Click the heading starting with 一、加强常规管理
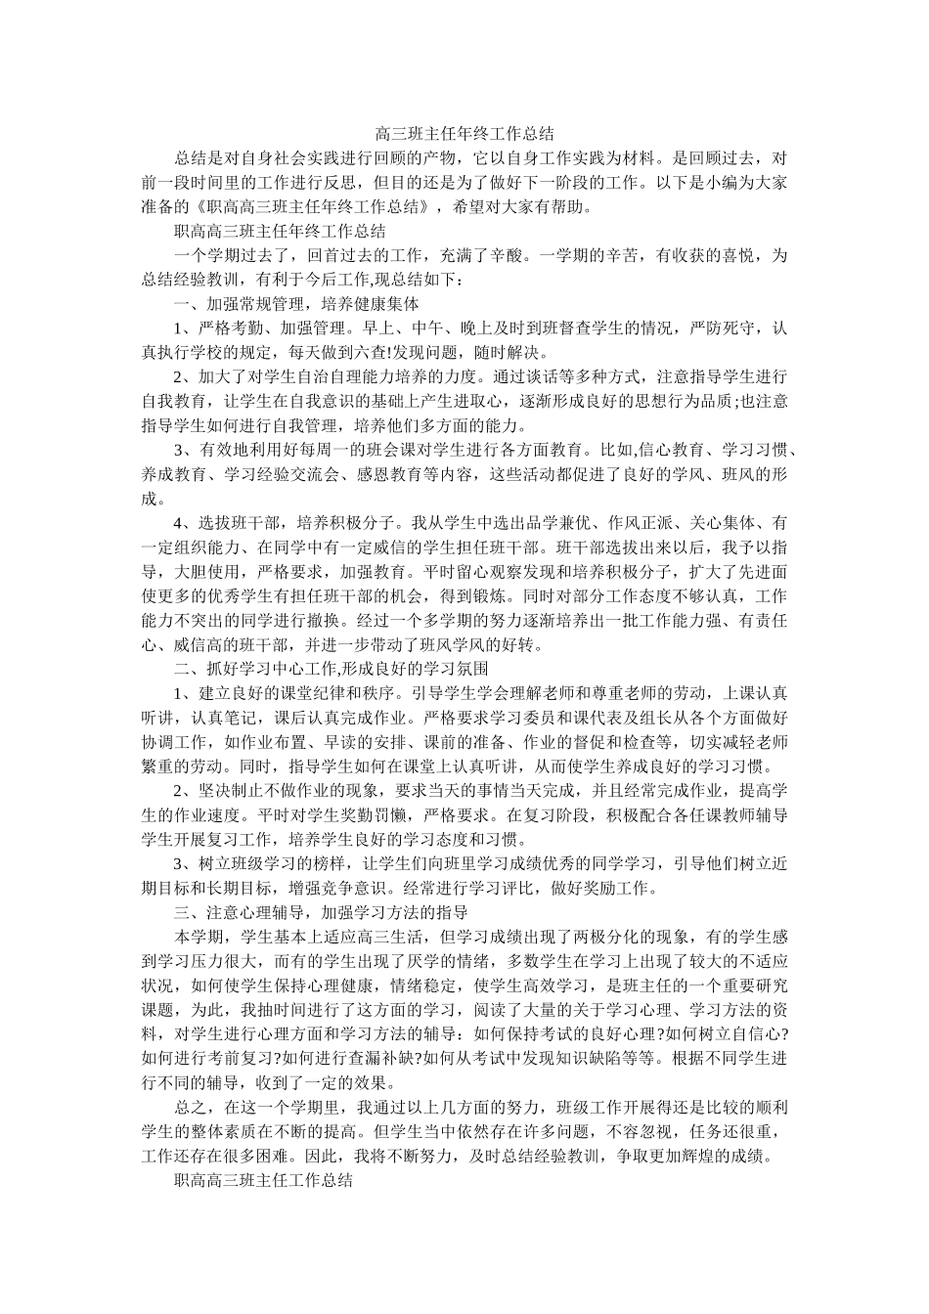[296, 304]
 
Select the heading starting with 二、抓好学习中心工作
[331, 669]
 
